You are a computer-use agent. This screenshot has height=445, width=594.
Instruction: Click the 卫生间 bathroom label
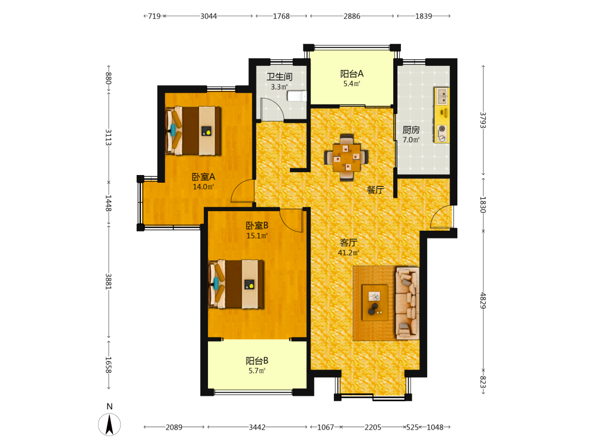coord(280,77)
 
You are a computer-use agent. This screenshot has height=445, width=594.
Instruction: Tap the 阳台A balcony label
coord(352,74)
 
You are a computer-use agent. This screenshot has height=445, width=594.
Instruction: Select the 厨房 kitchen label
coord(411,130)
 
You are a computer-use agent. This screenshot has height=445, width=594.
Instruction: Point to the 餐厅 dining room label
coord(375,190)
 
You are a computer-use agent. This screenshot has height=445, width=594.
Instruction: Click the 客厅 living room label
coord(349,243)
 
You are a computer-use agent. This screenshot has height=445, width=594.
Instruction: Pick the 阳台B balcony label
coord(257,361)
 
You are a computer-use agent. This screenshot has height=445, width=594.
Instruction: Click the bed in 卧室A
coord(193,131)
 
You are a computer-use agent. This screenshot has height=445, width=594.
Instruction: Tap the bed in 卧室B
coord(236,284)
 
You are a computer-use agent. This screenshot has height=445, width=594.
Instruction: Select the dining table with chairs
coord(346,157)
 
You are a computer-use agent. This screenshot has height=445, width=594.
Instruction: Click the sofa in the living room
coord(407,303)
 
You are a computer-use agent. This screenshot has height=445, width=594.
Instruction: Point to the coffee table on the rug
coord(375,303)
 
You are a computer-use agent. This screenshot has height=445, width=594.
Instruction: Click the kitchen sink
coord(442,96)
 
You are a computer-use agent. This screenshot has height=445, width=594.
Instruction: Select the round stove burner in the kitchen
coord(442,129)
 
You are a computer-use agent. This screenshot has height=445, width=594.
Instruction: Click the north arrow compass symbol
coord(109,424)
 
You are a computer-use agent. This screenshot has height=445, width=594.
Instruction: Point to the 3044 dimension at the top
coord(208,16)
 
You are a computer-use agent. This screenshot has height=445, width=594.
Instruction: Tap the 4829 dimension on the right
coord(483,300)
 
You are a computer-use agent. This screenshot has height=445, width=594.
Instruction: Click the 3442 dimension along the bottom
coord(257,427)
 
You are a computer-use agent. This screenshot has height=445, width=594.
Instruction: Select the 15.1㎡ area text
coord(257,236)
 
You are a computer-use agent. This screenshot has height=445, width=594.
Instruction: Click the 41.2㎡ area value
coord(349,253)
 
